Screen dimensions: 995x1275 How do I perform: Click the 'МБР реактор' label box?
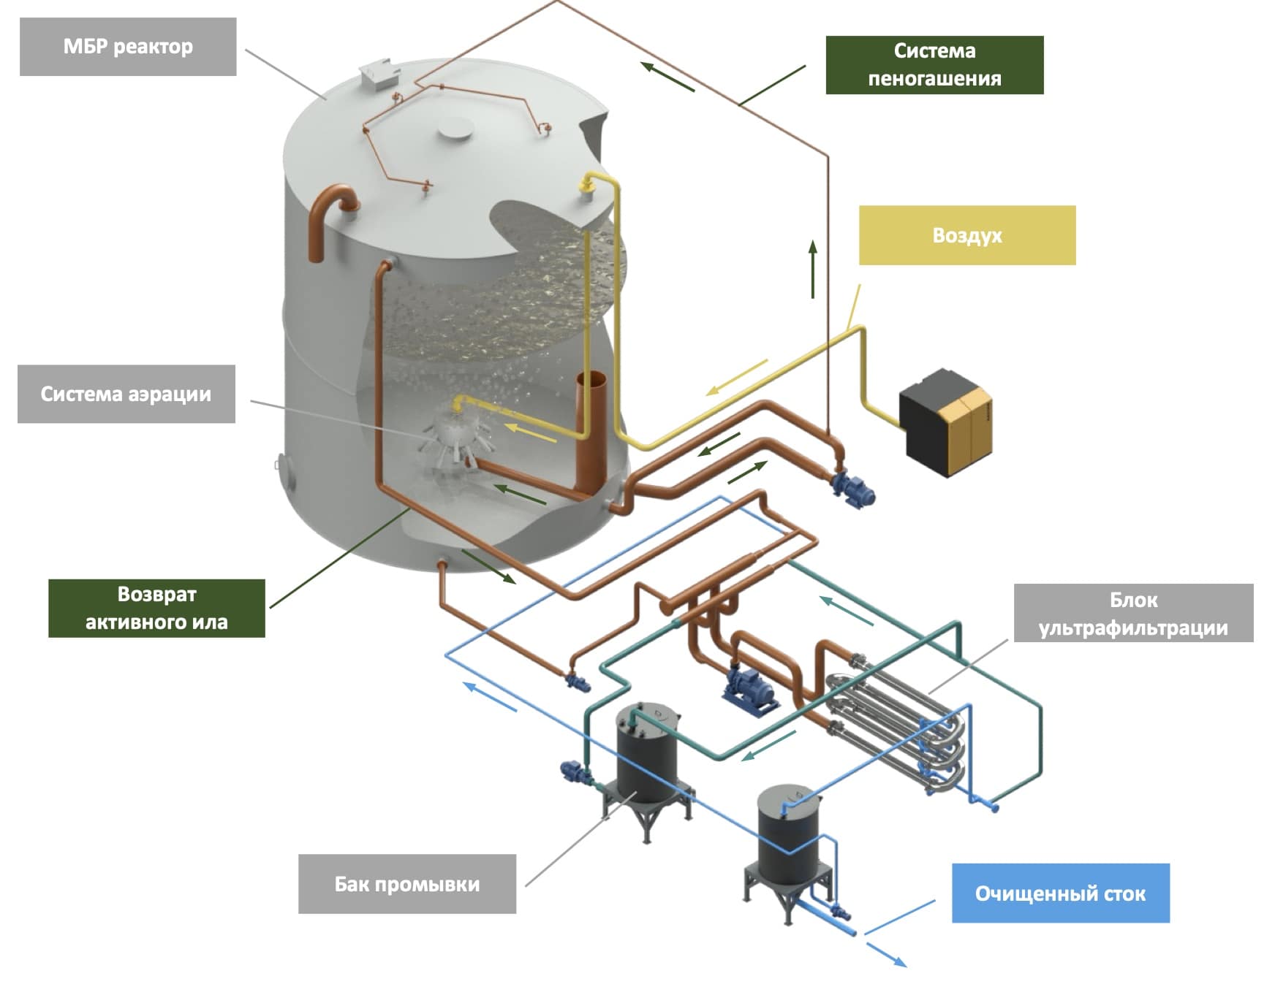coord(128,47)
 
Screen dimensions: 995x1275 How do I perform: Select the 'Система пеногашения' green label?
coord(934,65)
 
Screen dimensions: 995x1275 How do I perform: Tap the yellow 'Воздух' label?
coord(966,235)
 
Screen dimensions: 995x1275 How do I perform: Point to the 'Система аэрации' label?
coord(126,394)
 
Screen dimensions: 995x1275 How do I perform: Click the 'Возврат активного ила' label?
coord(156,608)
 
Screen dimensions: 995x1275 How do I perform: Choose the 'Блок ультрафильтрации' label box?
coord(1133,614)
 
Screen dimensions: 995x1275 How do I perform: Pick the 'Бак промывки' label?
coord(406,884)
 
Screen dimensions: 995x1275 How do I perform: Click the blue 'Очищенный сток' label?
coord(1060,893)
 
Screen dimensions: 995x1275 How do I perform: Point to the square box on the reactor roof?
coord(379,75)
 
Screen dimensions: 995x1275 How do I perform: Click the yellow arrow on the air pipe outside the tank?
coord(736,377)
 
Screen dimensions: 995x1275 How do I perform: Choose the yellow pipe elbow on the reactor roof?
coord(592,182)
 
